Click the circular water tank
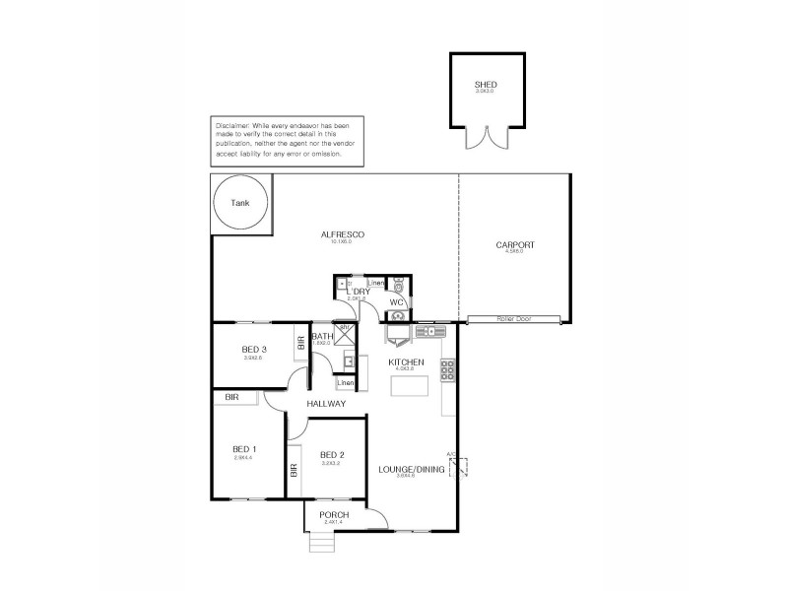coord(239,203)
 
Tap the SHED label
coord(486,85)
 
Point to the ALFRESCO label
coord(343,233)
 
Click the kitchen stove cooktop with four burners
coord(446,370)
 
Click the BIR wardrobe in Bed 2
coord(294,471)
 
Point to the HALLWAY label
coord(325,404)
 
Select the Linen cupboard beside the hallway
coord(345,382)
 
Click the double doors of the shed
coord(485,137)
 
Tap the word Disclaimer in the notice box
coord(232,126)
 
